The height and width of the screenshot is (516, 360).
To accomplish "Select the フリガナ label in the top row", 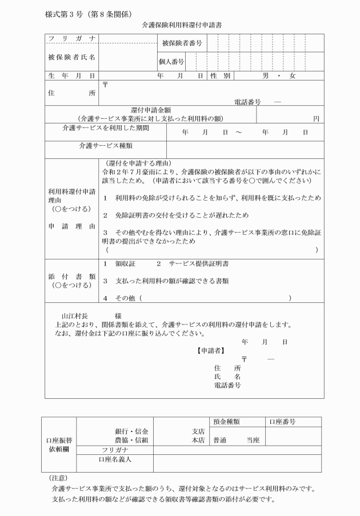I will pyautogui.click(x=71, y=38).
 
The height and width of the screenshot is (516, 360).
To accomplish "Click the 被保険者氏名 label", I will pyautogui.click(x=71, y=57).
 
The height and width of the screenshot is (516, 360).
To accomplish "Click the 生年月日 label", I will pyautogui.click(x=71, y=75).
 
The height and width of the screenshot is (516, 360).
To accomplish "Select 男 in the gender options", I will pyautogui.click(x=265, y=75).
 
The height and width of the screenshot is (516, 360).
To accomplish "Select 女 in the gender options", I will pyautogui.click(x=293, y=75).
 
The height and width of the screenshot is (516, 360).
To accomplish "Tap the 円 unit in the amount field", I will pyautogui.click(x=316, y=118).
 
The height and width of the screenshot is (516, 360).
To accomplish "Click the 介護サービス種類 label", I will pyautogui.click(x=105, y=146).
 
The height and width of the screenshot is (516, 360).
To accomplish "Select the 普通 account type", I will pyautogui.click(x=220, y=440).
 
